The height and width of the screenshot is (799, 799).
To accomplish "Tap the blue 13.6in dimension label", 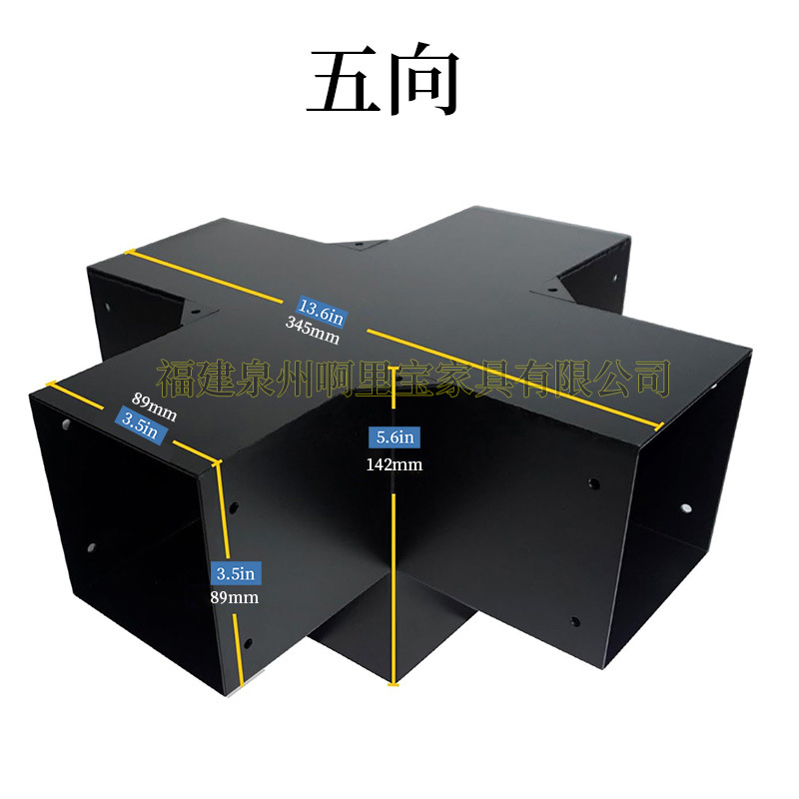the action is tap(322, 312).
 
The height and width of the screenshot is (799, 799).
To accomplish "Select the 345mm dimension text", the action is tap(313, 331).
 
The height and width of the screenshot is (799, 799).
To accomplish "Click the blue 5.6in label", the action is tap(395, 437).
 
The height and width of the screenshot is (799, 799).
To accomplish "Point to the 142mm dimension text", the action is tap(395, 464).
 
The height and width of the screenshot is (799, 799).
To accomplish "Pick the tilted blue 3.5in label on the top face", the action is tap(140, 426).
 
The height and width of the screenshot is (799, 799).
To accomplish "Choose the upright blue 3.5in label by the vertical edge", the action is tap(236, 573).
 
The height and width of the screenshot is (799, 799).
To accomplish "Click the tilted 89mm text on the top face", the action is tap(155, 407).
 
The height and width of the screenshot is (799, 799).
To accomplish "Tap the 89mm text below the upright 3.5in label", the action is tap(235, 597).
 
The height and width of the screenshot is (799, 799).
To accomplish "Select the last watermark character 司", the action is tap(651, 379).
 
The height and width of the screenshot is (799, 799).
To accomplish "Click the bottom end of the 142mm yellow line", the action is tap(393, 684).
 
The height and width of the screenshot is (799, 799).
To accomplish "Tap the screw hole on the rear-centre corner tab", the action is tap(359, 245).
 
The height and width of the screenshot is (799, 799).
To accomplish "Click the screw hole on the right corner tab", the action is tap(552, 290).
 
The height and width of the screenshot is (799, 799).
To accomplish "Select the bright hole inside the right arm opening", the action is tap(686, 508).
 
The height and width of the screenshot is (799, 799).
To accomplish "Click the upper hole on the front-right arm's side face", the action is tap(593, 483).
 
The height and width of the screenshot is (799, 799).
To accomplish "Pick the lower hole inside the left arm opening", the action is tap(92, 547).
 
